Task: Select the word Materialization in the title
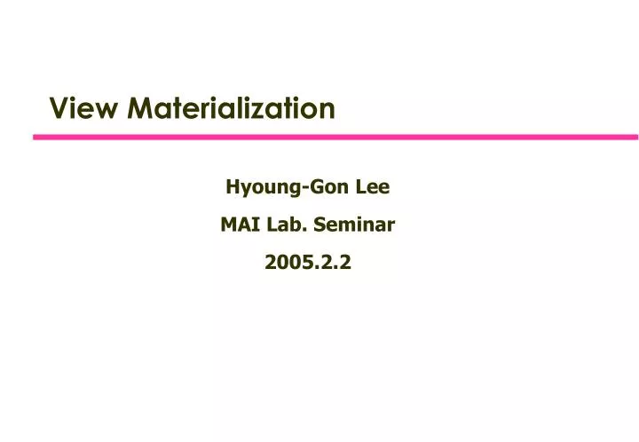coord(232,108)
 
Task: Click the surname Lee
coord(373,187)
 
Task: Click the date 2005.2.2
coord(308,263)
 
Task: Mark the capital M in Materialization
coord(139,108)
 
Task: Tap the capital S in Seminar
coord(323,225)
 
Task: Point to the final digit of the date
coord(346,263)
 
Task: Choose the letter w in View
coord(106,109)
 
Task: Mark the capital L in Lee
coord(360,187)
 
